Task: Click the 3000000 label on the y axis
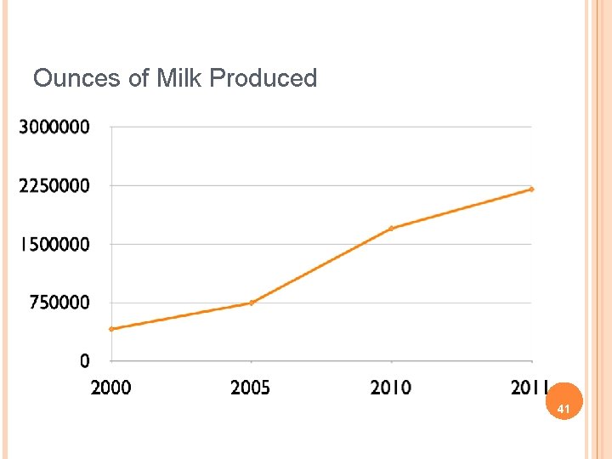coord(54,127)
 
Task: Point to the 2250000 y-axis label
coord(54,186)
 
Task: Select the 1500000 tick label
coord(54,245)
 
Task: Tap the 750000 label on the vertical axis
coord(59,303)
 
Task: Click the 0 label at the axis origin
coord(84,361)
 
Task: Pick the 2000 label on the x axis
coord(110,388)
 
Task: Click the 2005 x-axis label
coord(251,388)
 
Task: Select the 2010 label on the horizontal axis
coord(390,388)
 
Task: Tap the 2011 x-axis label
coord(529,388)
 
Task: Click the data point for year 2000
coord(111,329)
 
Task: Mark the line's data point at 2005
coord(252,303)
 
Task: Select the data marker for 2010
coord(391,229)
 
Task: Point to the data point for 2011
coord(531,189)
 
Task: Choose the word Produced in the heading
coord(263,79)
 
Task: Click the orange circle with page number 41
coord(562,408)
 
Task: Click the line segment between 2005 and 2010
coord(321,266)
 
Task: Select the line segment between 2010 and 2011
coord(461,209)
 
